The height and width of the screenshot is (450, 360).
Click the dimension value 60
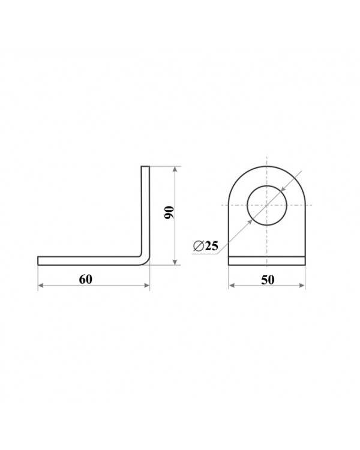pos(86,279)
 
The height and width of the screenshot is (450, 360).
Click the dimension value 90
pos(169,212)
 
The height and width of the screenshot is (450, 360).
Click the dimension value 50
pos(268,280)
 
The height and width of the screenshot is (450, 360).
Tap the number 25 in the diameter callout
pos(212,245)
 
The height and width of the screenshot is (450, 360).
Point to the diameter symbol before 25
pos(199,246)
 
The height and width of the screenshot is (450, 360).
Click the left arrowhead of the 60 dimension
pos(41,285)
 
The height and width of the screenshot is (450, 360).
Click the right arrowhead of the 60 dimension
pos(146,285)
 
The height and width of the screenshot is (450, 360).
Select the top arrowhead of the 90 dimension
pos(175,169)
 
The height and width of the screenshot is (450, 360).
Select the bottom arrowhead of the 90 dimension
pos(175,262)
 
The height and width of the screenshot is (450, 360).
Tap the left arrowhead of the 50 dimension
pos(232,285)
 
